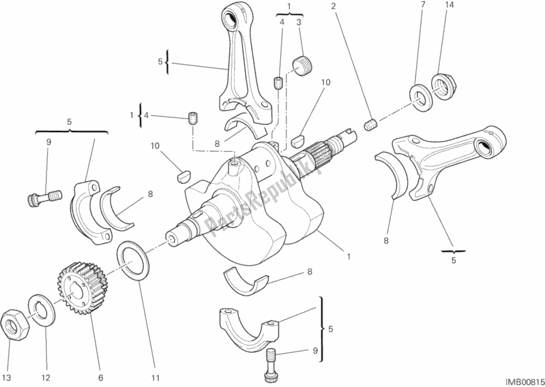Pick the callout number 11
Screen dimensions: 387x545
click(x=155, y=378)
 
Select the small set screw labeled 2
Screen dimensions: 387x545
click(x=372, y=125)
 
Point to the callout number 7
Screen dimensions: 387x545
click(x=422, y=6)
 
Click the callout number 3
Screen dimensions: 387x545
click(x=298, y=22)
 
